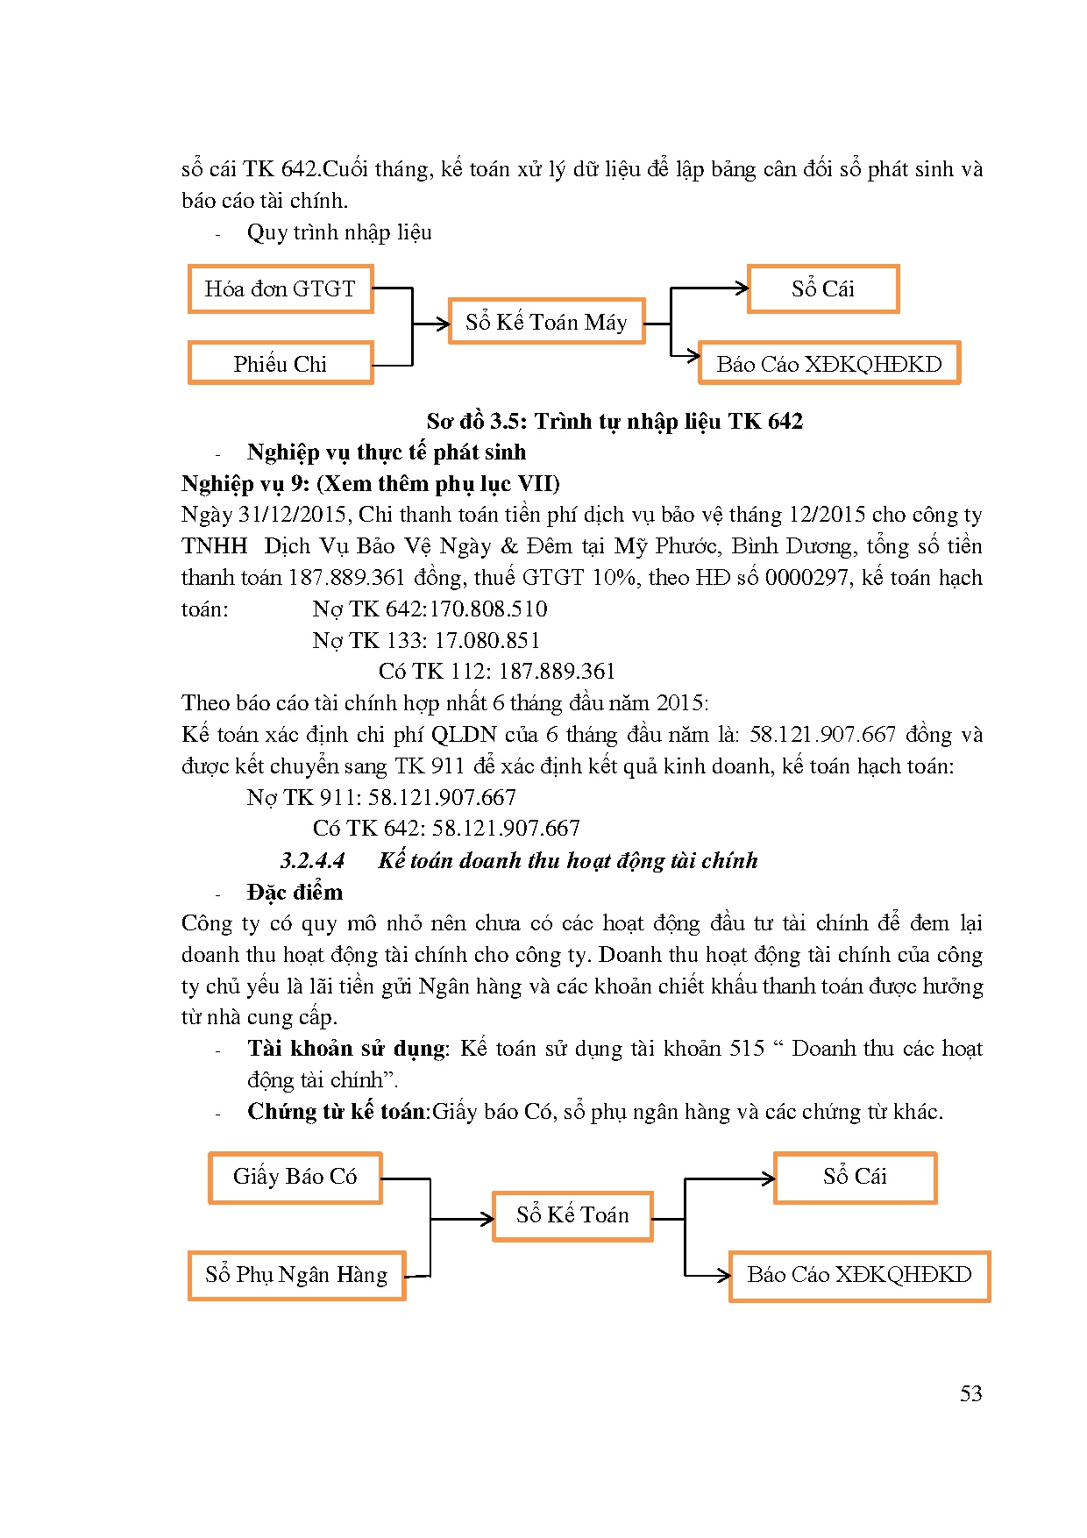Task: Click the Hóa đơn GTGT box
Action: pyautogui.click(x=281, y=288)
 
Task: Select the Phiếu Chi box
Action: pyautogui.click(x=281, y=363)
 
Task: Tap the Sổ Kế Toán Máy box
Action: pyautogui.click(x=546, y=322)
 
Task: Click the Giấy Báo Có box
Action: pyautogui.click(x=295, y=1177)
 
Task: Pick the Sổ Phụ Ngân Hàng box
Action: pyautogui.click(x=296, y=1275)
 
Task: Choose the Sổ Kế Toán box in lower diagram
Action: pyautogui.click(x=572, y=1215)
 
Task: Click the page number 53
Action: pyautogui.click(x=970, y=1393)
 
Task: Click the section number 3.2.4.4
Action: pyautogui.click(x=312, y=860)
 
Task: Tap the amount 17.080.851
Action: pyautogui.click(x=487, y=640)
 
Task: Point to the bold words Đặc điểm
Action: pyautogui.click(x=295, y=892)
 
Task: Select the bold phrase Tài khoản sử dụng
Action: pyautogui.click(x=347, y=1049)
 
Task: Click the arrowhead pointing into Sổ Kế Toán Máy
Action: pyautogui.click(x=444, y=324)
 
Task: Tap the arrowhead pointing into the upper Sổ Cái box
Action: pyautogui.click(x=742, y=288)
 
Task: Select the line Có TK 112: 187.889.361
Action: pyautogui.click(x=497, y=672)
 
